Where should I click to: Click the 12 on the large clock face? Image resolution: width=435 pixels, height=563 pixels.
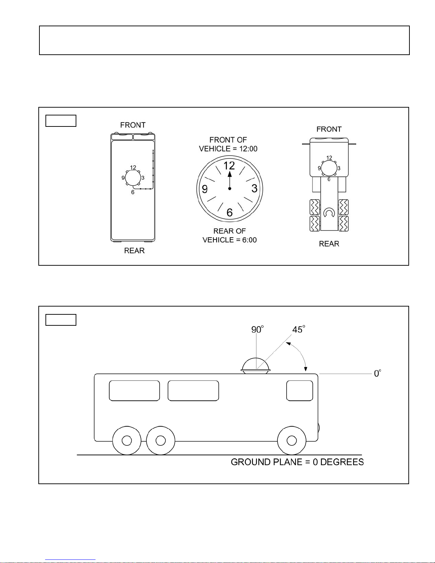click(x=229, y=166)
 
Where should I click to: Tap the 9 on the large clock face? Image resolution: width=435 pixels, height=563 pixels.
click(x=205, y=189)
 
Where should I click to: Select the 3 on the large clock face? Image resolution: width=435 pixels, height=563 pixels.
click(x=254, y=189)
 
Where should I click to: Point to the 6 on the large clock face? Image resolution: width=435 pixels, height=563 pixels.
click(x=229, y=212)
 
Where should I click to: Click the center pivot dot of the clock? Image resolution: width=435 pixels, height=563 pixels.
click(x=230, y=189)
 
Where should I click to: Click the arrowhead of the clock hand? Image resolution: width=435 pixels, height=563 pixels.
click(x=230, y=174)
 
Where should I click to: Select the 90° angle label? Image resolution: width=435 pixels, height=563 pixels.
click(x=257, y=329)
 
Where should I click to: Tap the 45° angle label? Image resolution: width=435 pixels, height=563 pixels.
click(x=299, y=329)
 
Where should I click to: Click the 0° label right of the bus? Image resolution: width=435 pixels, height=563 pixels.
click(x=377, y=373)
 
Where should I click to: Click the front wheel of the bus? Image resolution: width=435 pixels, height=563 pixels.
click(x=292, y=440)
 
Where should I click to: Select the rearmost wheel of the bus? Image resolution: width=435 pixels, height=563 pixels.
click(x=127, y=440)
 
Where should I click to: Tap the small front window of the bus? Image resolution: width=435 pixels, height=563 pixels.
click(x=300, y=391)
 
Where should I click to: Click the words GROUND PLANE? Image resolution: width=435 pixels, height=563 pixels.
click(x=266, y=462)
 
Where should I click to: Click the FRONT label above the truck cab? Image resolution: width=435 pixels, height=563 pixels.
click(x=329, y=129)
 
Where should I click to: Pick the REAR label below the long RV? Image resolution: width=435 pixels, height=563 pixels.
click(x=134, y=250)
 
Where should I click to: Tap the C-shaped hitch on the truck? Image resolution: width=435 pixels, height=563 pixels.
click(x=329, y=212)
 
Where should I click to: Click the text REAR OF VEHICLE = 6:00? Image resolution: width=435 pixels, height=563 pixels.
click(x=230, y=236)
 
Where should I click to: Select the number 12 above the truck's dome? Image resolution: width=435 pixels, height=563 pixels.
click(x=329, y=158)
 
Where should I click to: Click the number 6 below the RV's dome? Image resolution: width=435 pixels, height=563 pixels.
click(x=133, y=192)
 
